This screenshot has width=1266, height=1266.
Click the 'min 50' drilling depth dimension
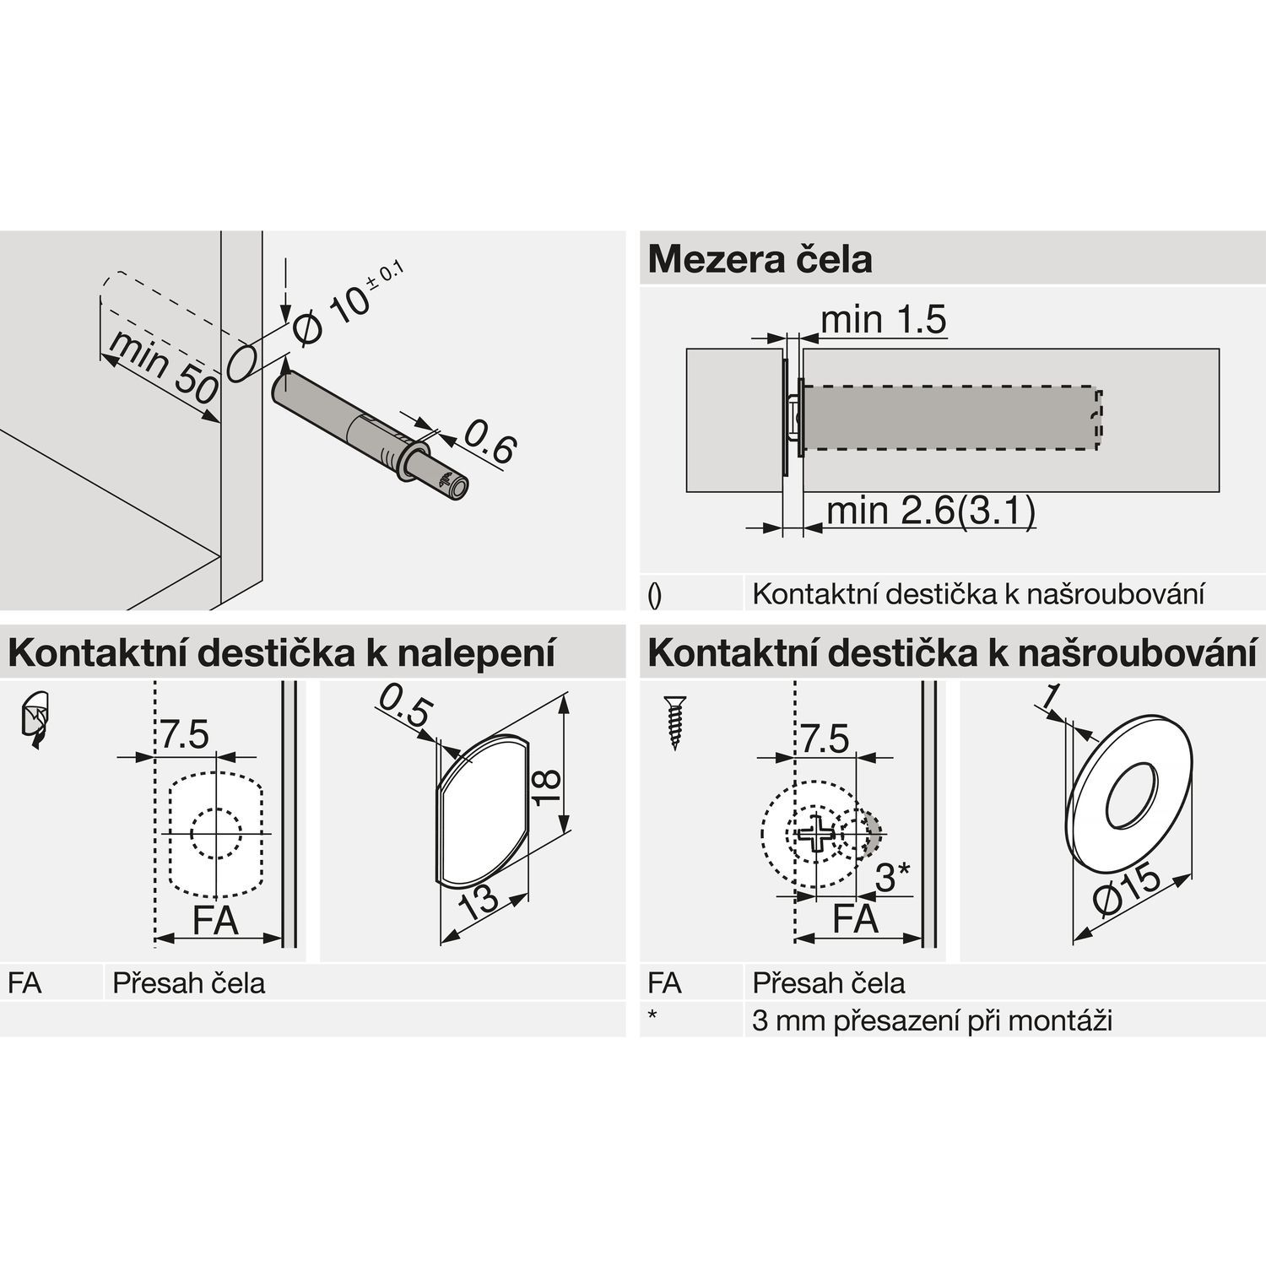163,368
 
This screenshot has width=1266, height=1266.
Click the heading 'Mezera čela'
760,259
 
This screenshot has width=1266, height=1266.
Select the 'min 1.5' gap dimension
883,320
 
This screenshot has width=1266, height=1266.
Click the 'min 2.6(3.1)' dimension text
930,511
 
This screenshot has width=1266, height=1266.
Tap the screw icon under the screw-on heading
676,722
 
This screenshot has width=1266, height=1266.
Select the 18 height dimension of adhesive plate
549,787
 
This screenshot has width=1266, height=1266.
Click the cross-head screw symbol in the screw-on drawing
817,835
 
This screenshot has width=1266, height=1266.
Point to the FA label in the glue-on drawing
215,919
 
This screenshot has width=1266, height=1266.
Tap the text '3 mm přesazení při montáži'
932,1020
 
